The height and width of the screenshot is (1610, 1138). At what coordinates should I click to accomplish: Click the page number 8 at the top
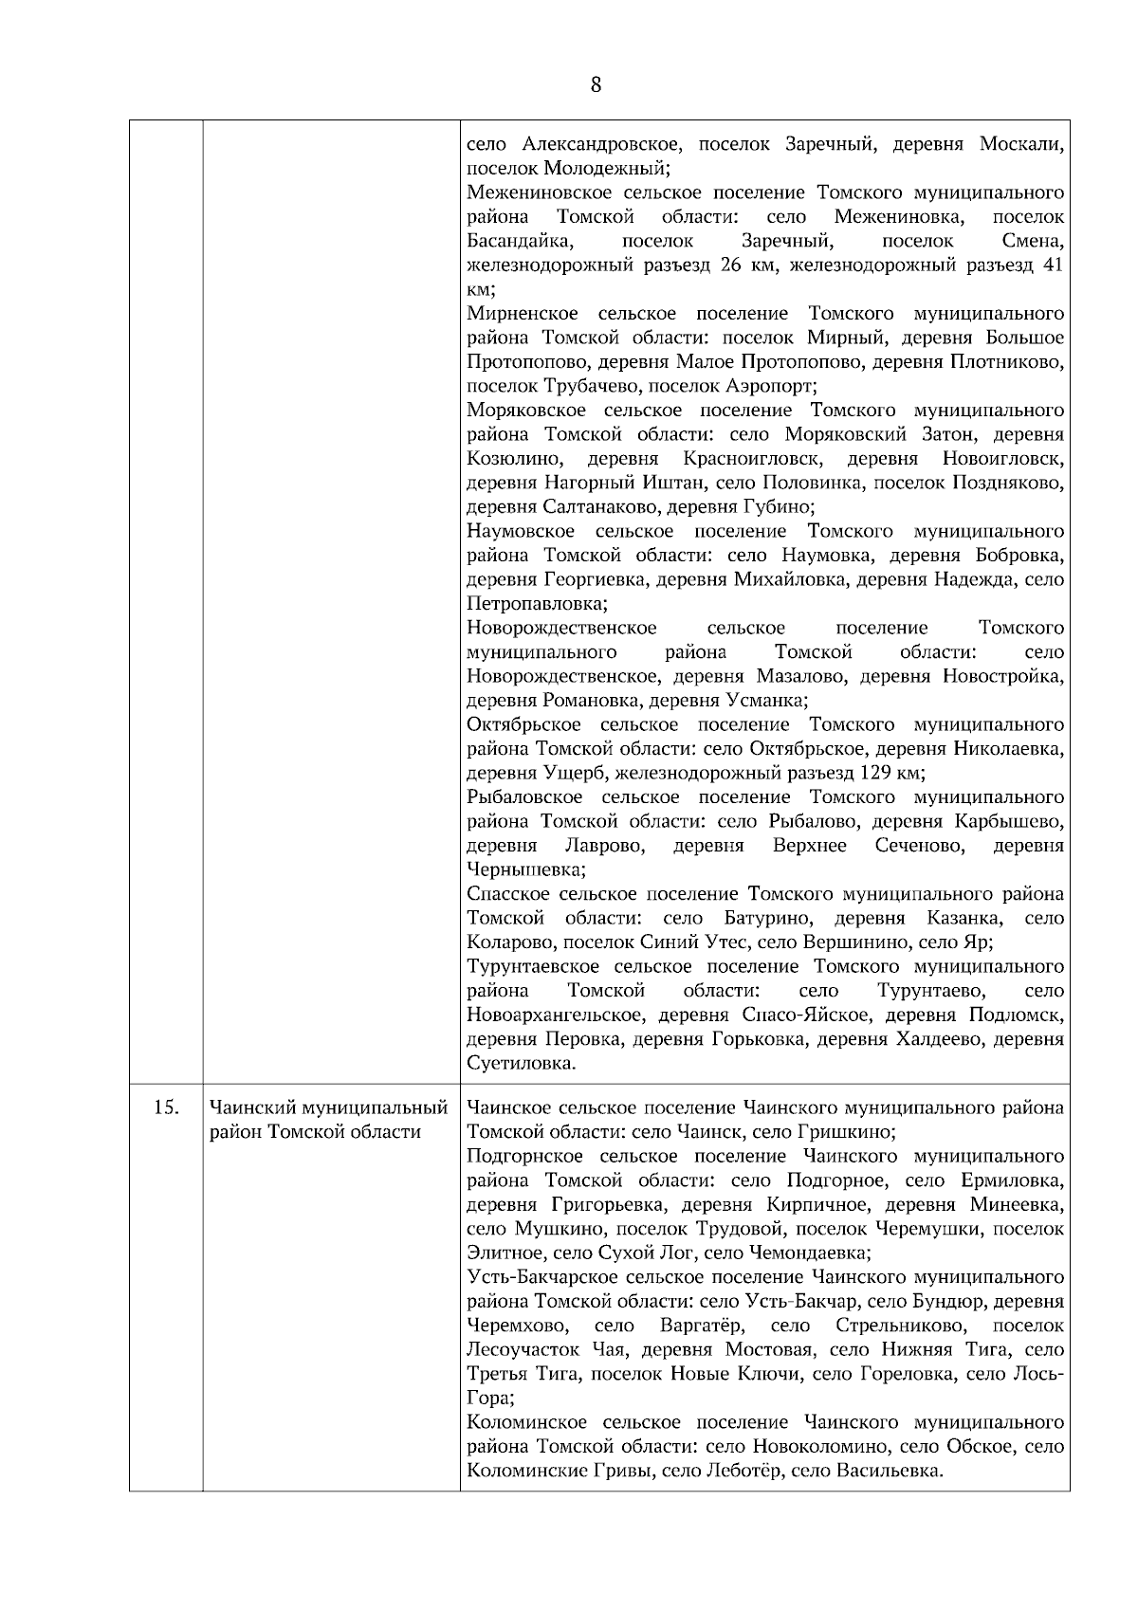[596, 85]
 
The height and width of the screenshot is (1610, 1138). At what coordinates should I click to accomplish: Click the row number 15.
[166, 1107]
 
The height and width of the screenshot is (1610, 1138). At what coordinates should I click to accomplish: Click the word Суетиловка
[521, 1063]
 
